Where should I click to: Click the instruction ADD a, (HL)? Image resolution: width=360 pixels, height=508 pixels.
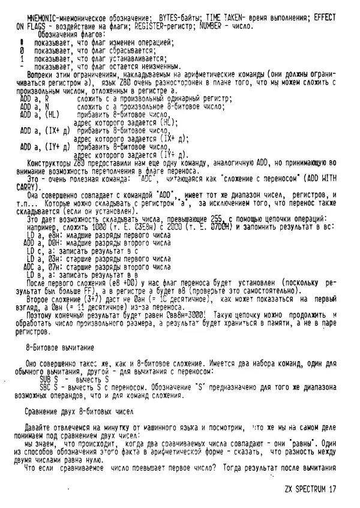[x=42, y=114]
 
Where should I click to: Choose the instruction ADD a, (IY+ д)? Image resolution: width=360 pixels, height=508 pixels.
[x=46, y=146]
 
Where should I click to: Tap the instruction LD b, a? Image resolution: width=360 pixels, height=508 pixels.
[x=37, y=273]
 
